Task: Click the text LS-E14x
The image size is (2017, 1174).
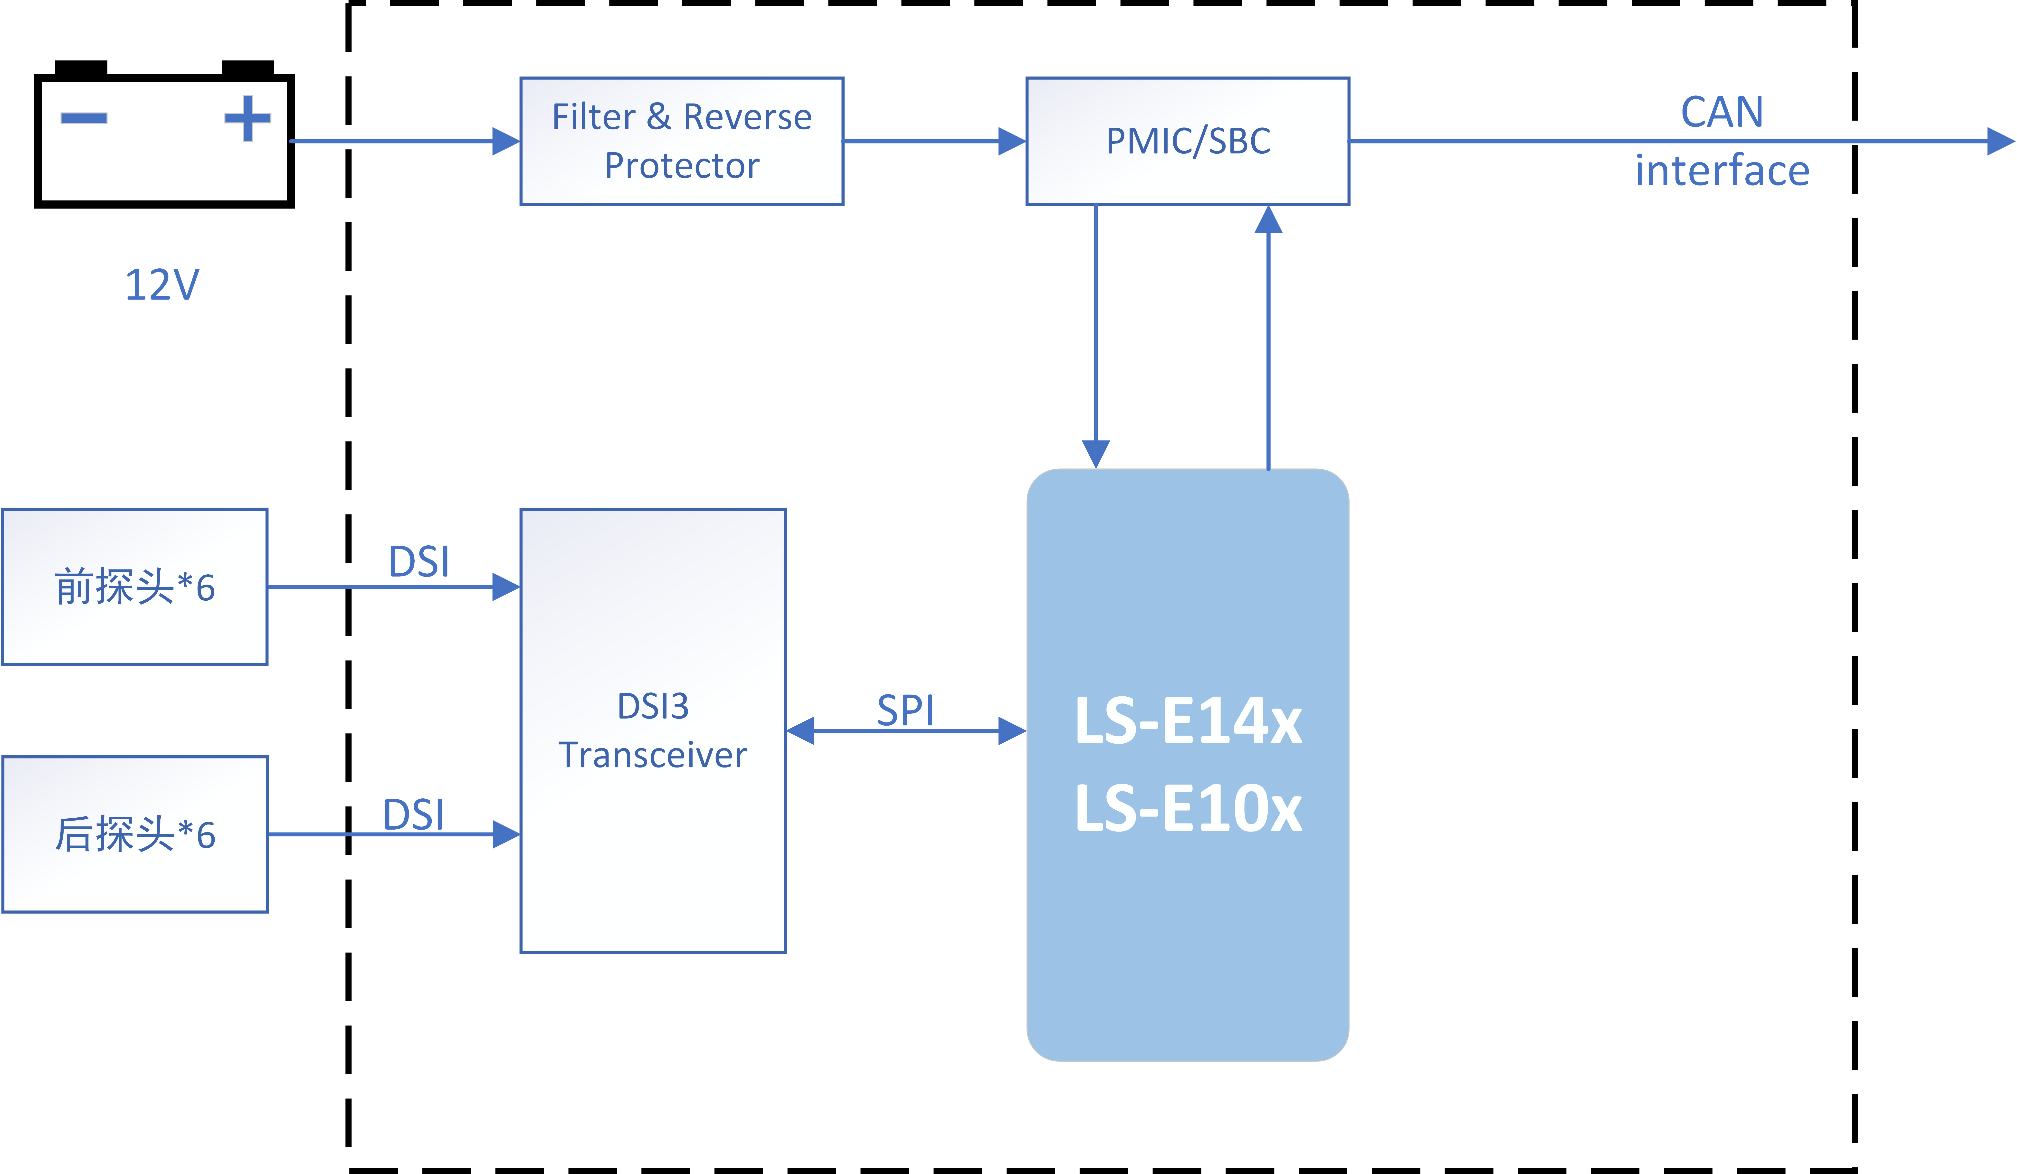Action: coord(1188,721)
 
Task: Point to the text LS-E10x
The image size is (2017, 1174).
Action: coord(1188,808)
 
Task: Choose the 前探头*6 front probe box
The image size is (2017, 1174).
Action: coord(134,587)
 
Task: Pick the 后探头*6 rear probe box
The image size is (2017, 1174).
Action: coord(134,834)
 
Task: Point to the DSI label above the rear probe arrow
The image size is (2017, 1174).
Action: coord(413,815)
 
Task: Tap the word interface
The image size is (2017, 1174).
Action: coord(1722,170)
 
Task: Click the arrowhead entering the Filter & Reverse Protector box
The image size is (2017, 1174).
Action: coord(506,142)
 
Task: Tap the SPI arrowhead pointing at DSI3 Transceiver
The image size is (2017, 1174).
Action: coord(800,730)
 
